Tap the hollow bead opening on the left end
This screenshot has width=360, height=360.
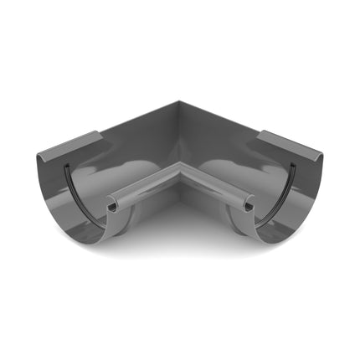tap(112, 206)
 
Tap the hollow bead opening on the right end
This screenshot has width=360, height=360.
tap(249, 205)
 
